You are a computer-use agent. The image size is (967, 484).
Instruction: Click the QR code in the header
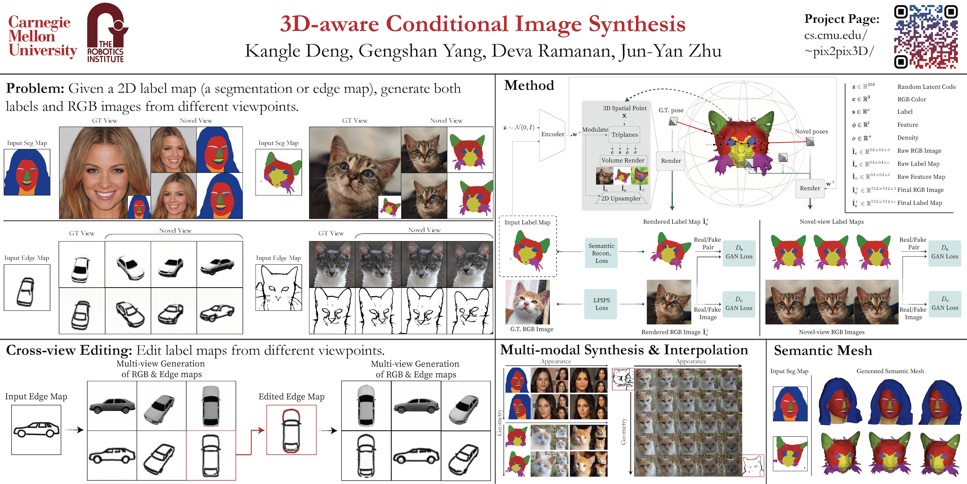[x=926, y=36]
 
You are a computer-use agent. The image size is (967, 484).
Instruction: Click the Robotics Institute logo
[x=107, y=33]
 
